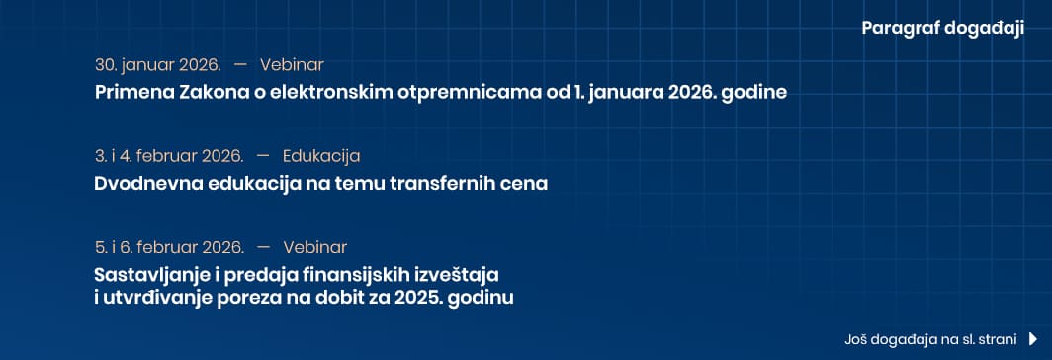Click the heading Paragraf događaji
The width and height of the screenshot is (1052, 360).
pyautogui.click(x=942, y=29)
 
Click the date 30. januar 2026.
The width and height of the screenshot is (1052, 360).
pyautogui.click(x=158, y=65)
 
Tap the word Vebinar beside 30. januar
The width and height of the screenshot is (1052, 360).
pyautogui.click(x=292, y=65)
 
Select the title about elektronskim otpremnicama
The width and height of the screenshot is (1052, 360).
pyautogui.click(x=441, y=92)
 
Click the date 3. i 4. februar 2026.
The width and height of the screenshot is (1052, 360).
pyautogui.click(x=169, y=156)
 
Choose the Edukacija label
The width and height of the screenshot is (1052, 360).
pyautogui.click(x=321, y=156)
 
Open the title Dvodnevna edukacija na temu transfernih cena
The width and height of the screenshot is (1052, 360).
pyautogui.click(x=321, y=183)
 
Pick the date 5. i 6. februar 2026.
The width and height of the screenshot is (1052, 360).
pyautogui.click(x=169, y=248)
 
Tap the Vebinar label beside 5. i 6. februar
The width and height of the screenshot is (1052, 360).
pyautogui.click(x=315, y=248)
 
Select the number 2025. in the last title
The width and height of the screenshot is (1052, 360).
pyautogui.click(x=416, y=298)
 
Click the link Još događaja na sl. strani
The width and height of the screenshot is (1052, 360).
pyautogui.click(x=930, y=340)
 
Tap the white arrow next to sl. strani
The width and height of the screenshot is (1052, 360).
pyautogui.click(x=1033, y=340)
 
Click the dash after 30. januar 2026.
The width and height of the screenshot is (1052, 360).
pyautogui.click(x=241, y=65)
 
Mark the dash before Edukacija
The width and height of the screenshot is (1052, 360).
pyautogui.click(x=263, y=156)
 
